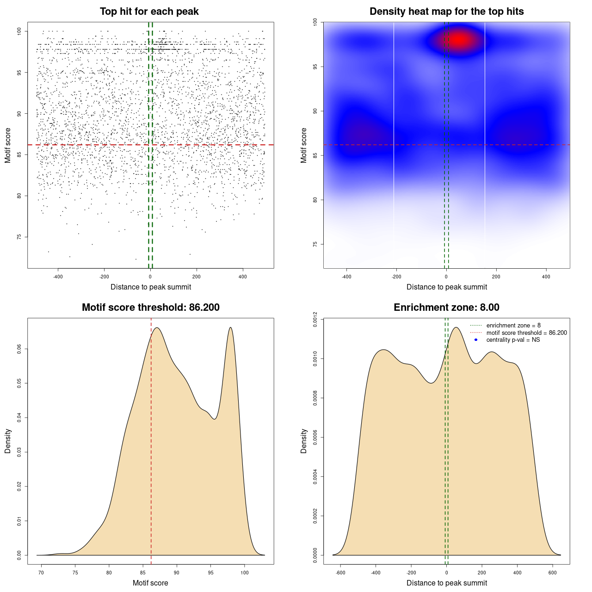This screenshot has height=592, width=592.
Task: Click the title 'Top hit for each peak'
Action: click(x=149, y=12)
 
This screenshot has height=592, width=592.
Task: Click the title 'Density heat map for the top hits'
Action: click(x=446, y=12)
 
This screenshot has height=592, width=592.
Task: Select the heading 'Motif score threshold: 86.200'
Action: click(x=150, y=308)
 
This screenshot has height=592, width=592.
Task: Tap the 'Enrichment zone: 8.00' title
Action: click(x=446, y=308)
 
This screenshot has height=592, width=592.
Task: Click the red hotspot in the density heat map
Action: click(x=458, y=40)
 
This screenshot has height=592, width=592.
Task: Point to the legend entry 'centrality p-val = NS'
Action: click(x=513, y=340)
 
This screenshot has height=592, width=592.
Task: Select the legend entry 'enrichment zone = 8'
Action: click(x=513, y=326)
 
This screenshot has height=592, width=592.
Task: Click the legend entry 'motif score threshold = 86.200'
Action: click(x=526, y=333)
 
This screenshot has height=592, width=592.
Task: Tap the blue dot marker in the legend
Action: click(x=476, y=340)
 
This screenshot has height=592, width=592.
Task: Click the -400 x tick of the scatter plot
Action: click(x=58, y=277)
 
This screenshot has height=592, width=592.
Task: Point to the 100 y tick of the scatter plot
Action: click(x=19, y=31)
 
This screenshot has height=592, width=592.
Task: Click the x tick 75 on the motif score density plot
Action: click(x=75, y=573)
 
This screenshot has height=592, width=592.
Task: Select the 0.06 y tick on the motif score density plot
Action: click(x=19, y=349)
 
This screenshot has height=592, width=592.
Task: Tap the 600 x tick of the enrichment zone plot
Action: click(x=553, y=573)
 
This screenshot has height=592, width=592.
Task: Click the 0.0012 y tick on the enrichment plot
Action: click(x=315, y=320)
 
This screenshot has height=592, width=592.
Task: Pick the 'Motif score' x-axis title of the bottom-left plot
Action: click(x=150, y=583)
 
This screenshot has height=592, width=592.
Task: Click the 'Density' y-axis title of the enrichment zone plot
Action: click(x=304, y=441)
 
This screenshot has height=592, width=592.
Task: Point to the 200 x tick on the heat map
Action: click(x=496, y=277)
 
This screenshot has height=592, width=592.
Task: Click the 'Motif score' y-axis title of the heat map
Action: click(x=304, y=145)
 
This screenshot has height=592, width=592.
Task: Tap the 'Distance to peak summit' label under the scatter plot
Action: click(x=151, y=287)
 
